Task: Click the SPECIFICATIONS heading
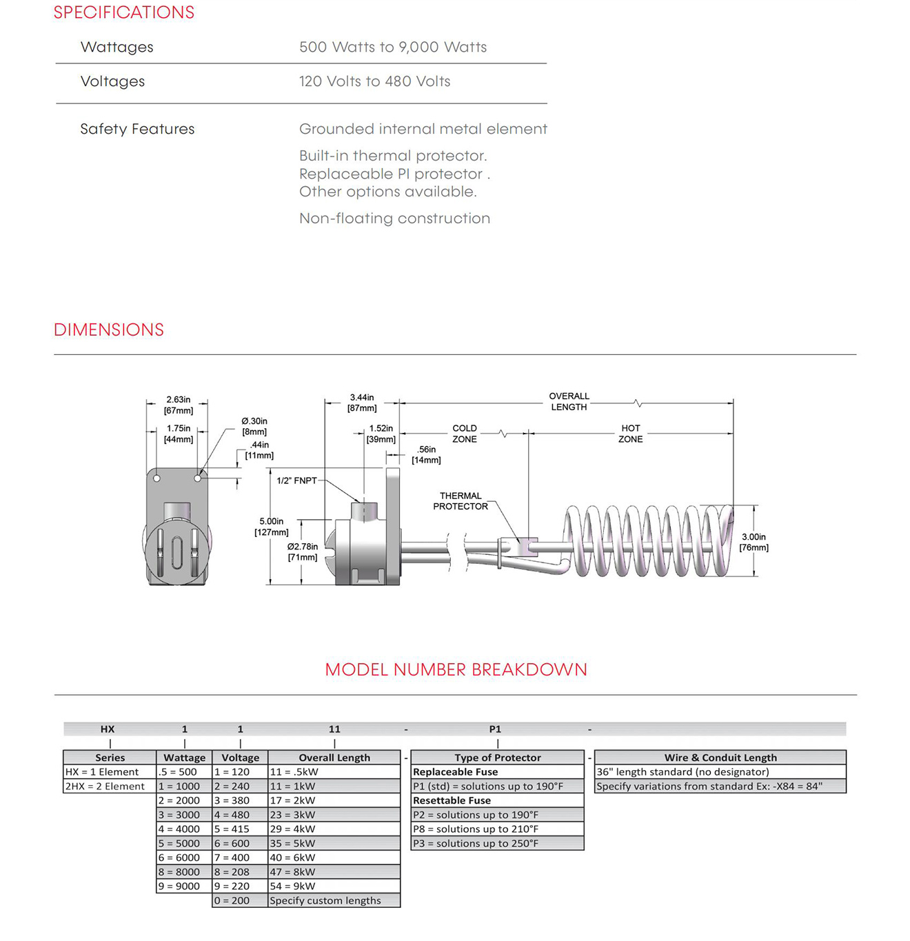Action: pos(124,12)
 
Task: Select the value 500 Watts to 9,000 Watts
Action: pos(392,47)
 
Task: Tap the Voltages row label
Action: pos(112,81)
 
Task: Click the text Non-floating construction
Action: pos(394,219)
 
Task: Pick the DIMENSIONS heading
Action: pos(109,330)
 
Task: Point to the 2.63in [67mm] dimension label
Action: pos(178,405)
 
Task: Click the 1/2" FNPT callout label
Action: pos(296,480)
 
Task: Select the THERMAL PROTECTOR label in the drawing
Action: pos(461,501)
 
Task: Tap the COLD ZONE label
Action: pos(465,434)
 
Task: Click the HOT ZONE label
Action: pos(630,434)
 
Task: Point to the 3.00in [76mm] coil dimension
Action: pos(754,542)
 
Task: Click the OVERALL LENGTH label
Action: pos(569,402)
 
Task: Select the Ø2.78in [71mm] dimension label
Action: pos(303,552)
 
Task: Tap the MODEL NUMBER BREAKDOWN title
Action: pos(456,669)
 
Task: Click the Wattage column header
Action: pos(184,758)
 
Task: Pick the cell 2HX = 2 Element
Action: pos(105,786)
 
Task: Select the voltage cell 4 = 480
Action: pos(232,815)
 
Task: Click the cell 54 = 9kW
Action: pos(292,886)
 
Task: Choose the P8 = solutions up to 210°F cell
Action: pos(476,829)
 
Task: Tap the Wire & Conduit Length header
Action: pos(720,758)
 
